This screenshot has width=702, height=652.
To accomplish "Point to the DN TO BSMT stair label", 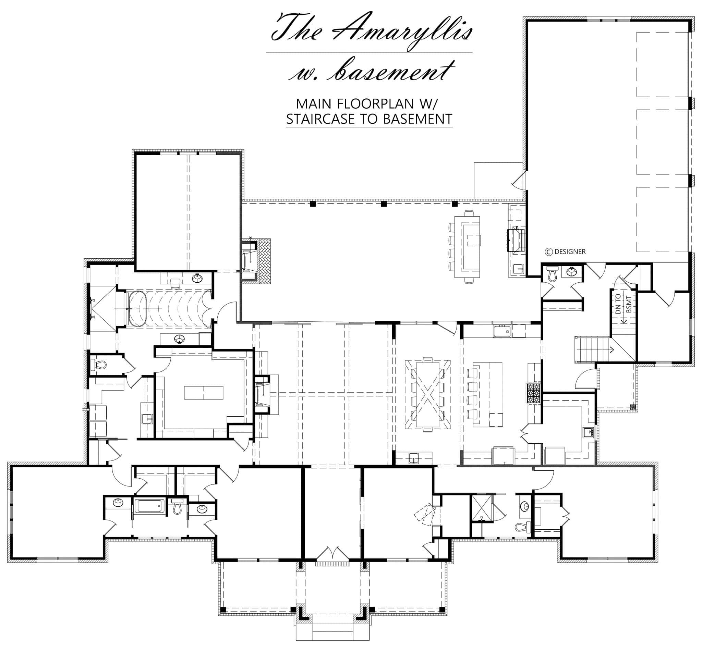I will pos(622,304).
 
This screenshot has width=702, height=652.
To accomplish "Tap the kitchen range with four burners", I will pos(534,393).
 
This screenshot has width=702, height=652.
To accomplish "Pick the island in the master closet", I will pos(204,392).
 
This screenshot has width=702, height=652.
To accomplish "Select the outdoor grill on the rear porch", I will pos(516,239).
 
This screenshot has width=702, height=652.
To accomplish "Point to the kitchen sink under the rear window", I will pos(502,331).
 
